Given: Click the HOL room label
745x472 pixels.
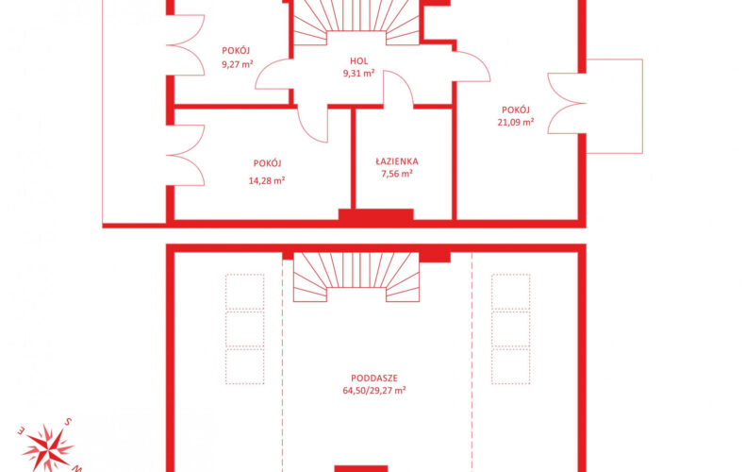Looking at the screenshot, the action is pos(358,61).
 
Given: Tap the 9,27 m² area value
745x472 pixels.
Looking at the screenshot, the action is pos(237,64).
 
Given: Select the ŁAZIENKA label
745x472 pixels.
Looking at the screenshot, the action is pos(397,161).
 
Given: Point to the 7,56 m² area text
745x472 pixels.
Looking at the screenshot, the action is pos(397,174).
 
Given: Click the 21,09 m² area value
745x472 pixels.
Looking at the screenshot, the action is pos(516,123).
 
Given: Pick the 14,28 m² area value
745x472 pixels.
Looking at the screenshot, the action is pos(267,181).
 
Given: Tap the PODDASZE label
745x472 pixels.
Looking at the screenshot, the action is pos(374,379).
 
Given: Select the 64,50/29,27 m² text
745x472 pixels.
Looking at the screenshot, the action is pos(374,391).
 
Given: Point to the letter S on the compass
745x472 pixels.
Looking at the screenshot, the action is pos(69,422).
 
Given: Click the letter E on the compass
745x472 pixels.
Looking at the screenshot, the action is pos(21,431).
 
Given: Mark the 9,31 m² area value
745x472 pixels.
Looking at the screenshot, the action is pos(358,74).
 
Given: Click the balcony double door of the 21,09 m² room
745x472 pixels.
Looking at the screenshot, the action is pos(567,103).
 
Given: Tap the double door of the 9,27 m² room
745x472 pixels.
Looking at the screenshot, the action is pos(185,45).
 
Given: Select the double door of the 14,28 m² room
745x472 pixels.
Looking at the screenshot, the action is pos(185,155).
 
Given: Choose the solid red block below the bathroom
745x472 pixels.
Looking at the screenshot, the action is pos(376,214).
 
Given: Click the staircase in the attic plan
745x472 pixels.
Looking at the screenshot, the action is pos(356,277).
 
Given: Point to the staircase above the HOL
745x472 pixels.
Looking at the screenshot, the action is pos(356,23).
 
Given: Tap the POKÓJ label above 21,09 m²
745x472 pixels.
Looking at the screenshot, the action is pos(516,110).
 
